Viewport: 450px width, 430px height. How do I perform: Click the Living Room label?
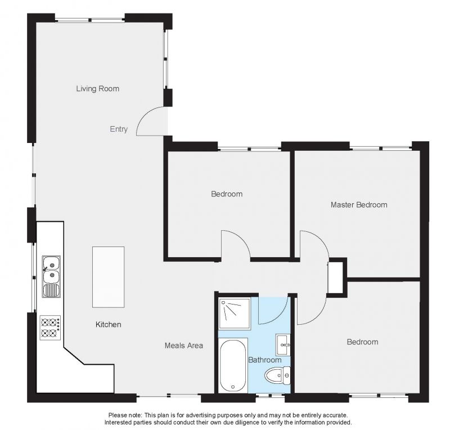[x=97, y=88]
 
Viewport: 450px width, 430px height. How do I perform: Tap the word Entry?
[x=119, y=129]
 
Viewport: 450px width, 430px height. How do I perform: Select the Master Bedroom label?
[x=359, y=205]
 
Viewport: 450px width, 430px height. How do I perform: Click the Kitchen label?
[x=108, y=325]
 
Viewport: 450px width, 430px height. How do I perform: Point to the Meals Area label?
[x=184, y=345]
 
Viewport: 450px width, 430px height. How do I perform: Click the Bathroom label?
[x=264, y=360]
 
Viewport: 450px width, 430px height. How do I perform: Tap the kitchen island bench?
[x=108, y=277]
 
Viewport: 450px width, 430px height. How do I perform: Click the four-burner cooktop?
[x=50, y=328]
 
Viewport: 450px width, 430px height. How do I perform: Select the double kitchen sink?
[x=51, y=276]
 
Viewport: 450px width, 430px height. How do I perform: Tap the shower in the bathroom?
[x=234, y=313]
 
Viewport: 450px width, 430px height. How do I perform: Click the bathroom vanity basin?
[x=283, y=344]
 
